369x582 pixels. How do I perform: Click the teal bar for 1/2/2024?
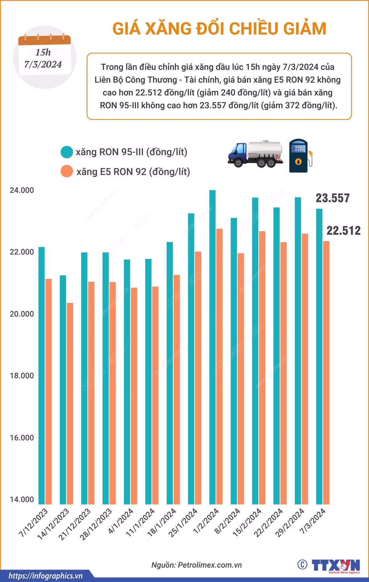click(212, 347)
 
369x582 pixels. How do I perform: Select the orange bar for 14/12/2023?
click(70, 403)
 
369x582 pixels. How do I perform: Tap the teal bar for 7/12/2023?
click(42, 376)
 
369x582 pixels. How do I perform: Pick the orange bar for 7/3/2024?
click(326, 372)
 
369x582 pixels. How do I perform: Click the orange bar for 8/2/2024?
click(241, 379)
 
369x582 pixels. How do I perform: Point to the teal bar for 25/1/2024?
click(191, 359)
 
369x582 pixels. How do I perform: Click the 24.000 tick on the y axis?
click(22, 190)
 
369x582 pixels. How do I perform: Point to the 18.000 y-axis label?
click(22, 376)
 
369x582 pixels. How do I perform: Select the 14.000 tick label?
click(22, 499)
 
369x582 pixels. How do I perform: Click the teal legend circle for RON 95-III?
click(66, 152)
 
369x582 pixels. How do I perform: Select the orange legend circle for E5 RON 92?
click(66, 171)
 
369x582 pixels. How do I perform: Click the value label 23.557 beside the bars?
click(333, 198)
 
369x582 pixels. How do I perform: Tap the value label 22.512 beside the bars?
click(343, 230)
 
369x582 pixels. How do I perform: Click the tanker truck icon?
click(255, 154)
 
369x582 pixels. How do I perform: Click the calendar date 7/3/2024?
click(43, 64)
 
